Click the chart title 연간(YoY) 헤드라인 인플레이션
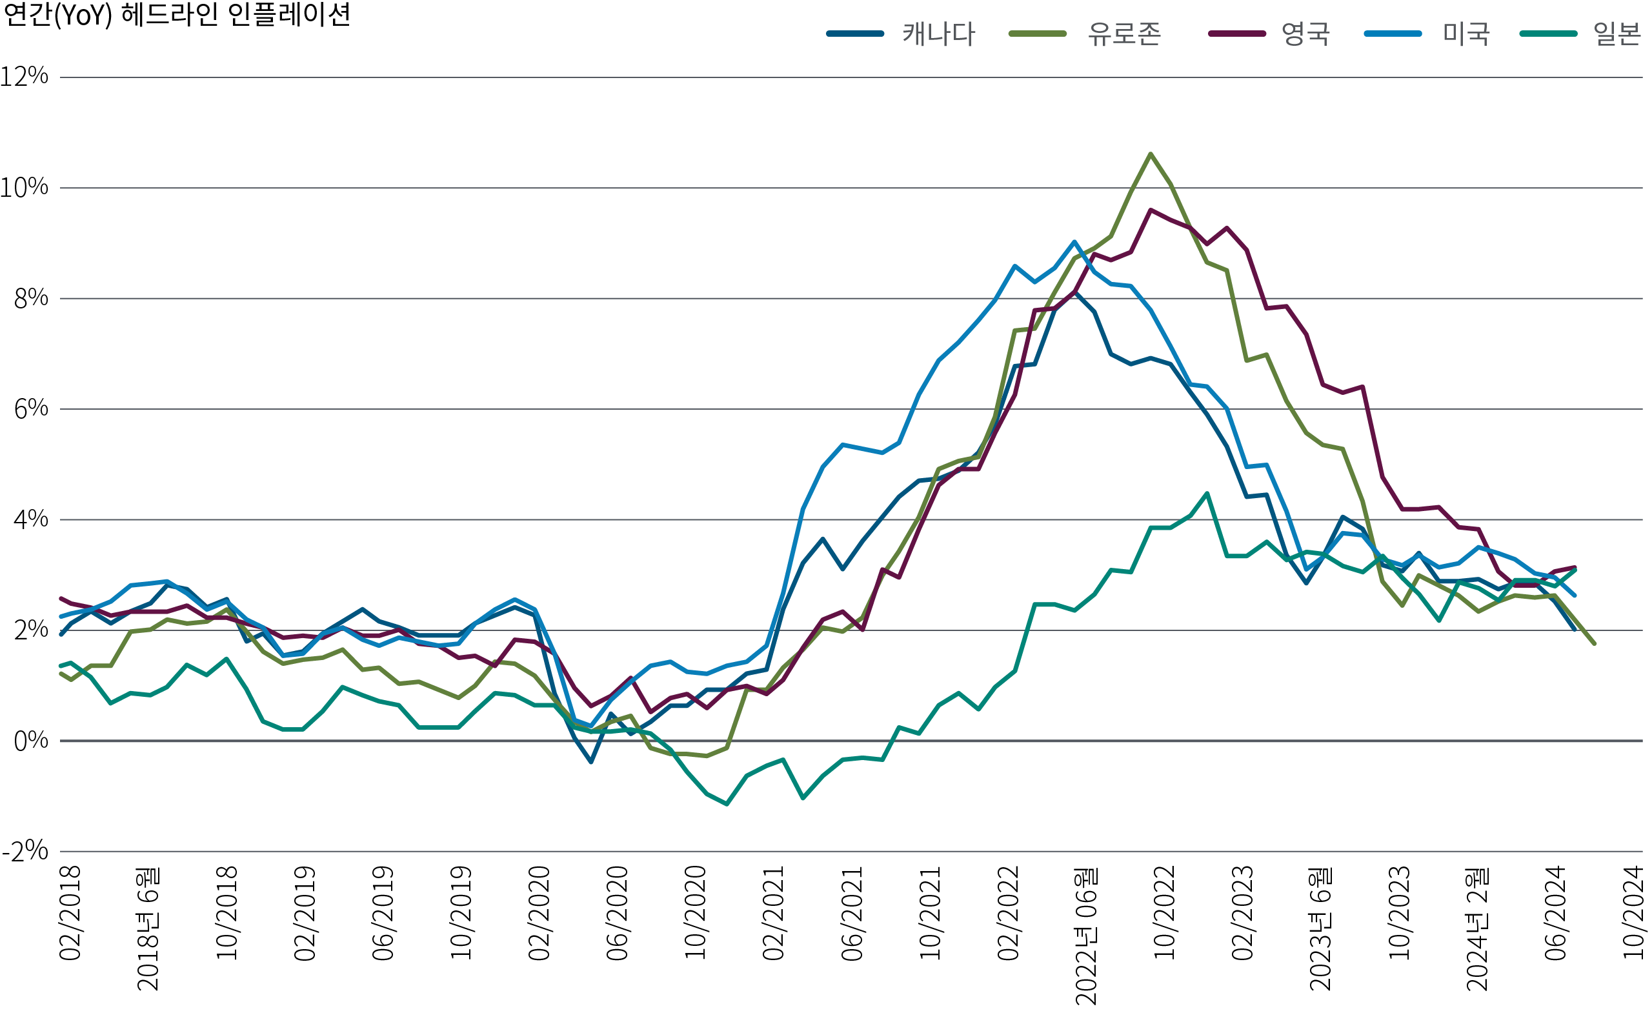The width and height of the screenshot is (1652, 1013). tap(176, 15)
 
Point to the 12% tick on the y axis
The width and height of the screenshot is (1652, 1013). tap(24, 76)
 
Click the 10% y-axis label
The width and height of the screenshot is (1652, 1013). tap(24, 187)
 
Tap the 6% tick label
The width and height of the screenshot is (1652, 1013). tap(31, 408)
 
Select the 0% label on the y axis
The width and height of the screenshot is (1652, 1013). tap(31, 741)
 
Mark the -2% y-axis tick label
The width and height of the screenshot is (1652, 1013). tap(25, 851)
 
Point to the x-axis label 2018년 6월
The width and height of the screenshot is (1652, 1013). tap(148, 928)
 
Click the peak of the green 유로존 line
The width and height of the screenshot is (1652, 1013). tap(1151, 154)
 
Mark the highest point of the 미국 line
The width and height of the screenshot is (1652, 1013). tap(1074, 241)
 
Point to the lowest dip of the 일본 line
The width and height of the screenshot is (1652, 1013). tap(727, 804)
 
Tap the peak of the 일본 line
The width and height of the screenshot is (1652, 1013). tap(1207, 494)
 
